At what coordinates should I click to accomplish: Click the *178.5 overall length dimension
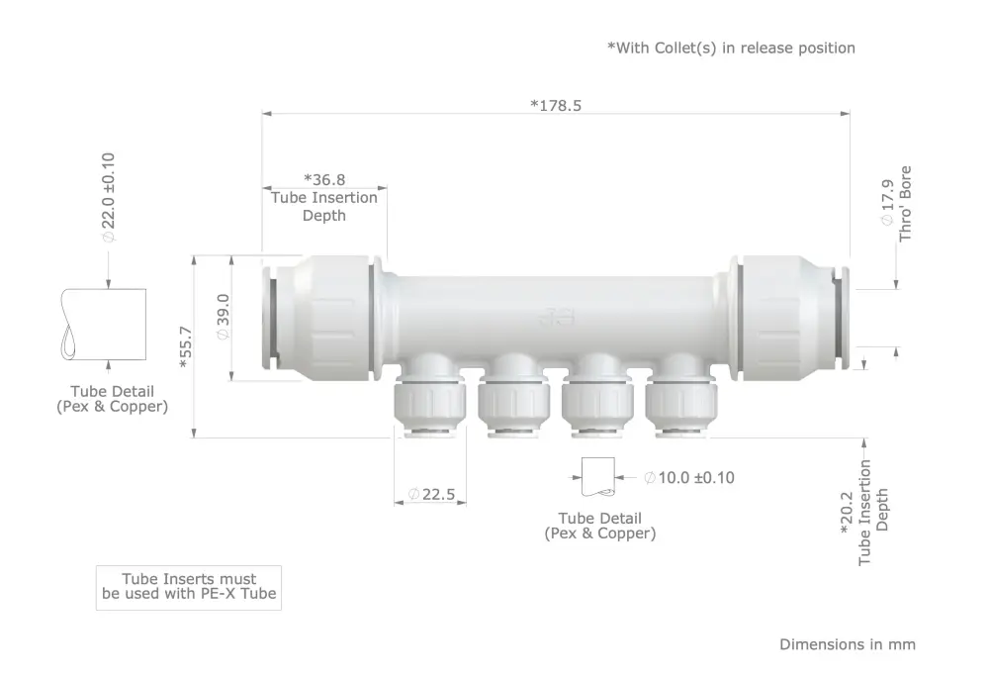tap(556, 106)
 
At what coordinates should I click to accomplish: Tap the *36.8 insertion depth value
tap(324, 180)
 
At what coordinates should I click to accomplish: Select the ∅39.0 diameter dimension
tap(224, 317)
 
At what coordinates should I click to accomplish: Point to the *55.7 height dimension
tap(186, 346)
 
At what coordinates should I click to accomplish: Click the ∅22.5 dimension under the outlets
tap(431, 494)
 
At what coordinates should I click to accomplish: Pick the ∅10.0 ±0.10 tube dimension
tap(689, 478)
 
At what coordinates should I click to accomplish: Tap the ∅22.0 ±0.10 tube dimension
tap(109, 197)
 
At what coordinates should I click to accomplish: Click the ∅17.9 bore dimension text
tap(887, 202)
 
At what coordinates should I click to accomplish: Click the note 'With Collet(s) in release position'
tap(731, 48)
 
